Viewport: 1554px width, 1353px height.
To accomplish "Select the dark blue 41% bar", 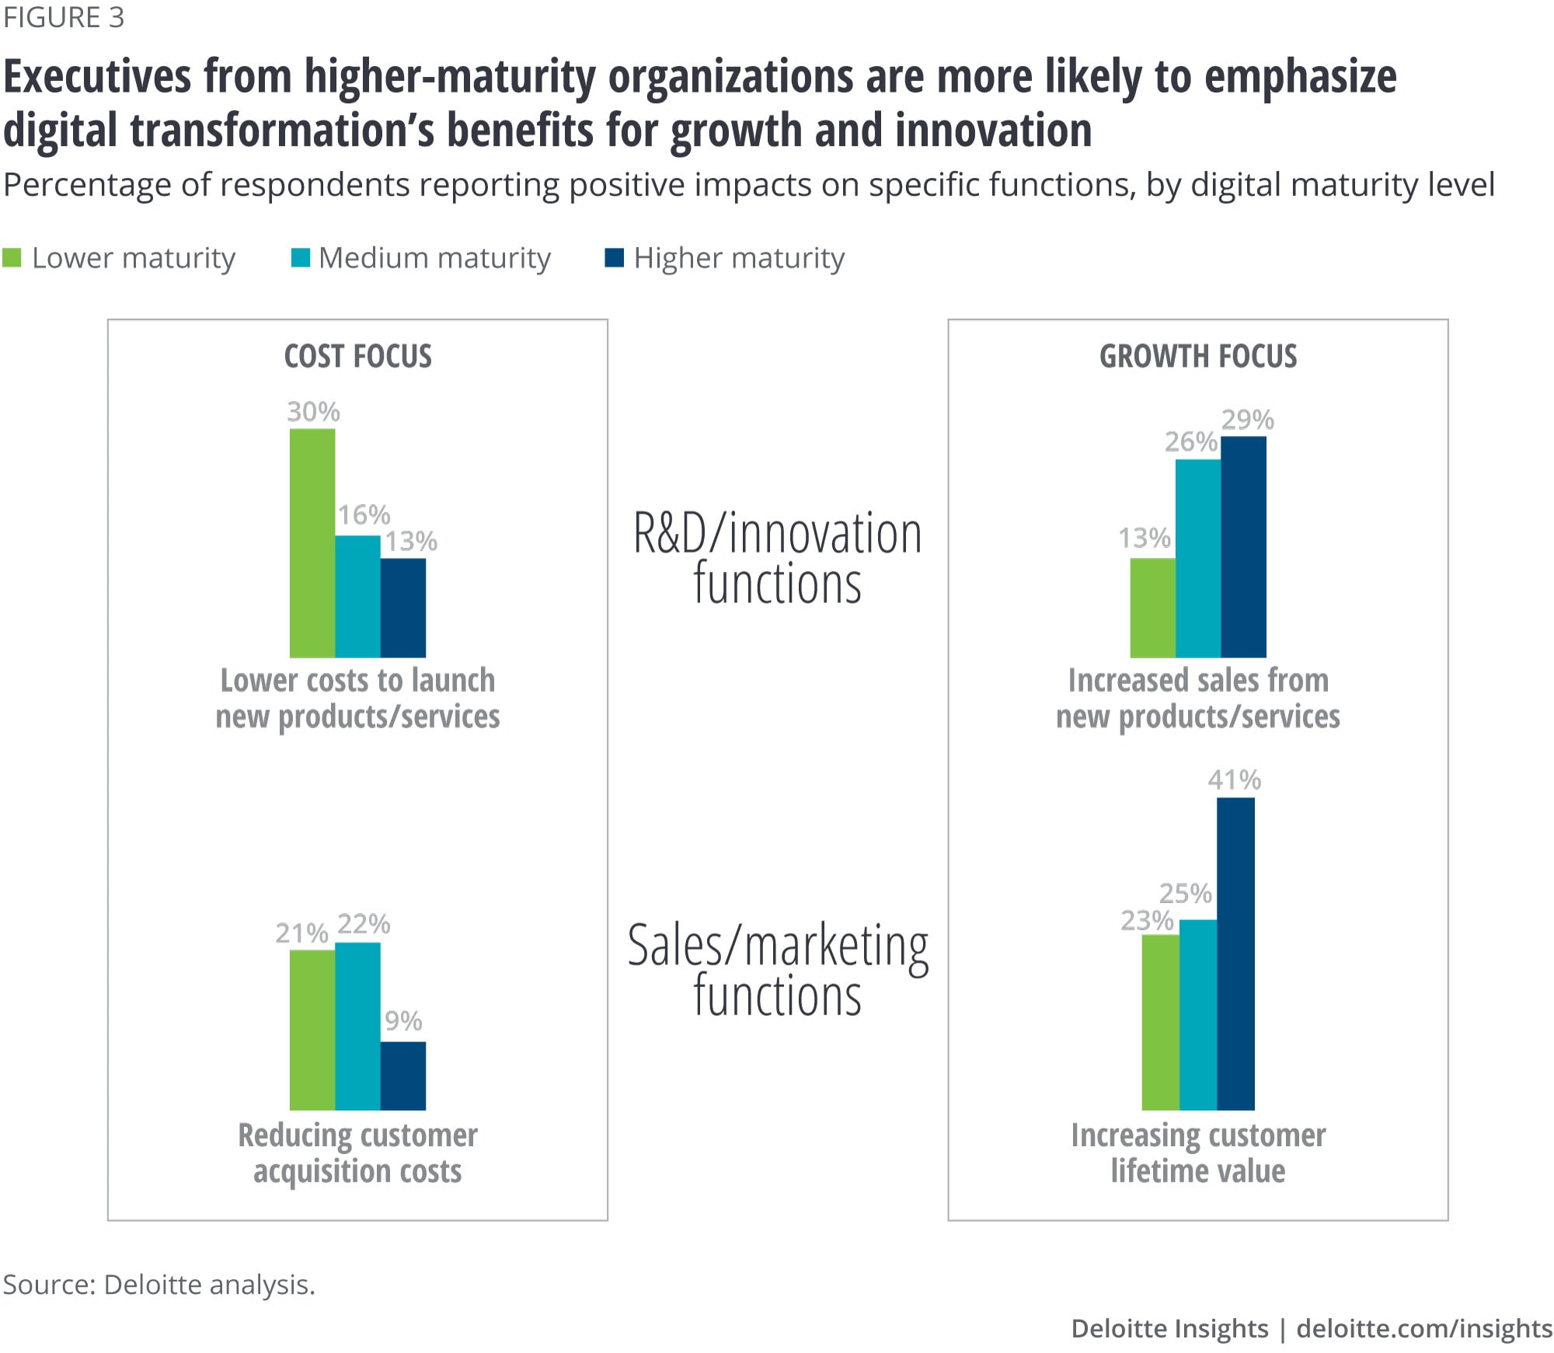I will (x=1235, y=954).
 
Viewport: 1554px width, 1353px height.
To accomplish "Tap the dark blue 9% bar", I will (x=403, y=1076).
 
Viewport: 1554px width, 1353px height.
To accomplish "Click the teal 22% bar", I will (x=357, y=1026).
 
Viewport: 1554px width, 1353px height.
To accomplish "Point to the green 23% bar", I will (x=1160, y=1022).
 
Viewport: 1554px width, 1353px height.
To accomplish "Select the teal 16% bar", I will (x=357, y=596).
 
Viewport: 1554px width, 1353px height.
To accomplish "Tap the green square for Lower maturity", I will (x=12, y=258).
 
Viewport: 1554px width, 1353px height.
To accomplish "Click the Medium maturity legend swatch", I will (x=300, y=258).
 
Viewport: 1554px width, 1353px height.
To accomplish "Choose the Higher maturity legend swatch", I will (x=614, y=258).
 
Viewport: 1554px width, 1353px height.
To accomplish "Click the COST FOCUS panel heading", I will (x=357, y=356).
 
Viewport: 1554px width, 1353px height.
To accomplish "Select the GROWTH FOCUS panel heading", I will (x=1197, y=356).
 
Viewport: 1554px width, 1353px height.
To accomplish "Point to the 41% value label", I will (x=1234, y=779).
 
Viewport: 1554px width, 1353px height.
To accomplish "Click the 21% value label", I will (x=301, y=933).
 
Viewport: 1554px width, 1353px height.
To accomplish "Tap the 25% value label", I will (x=1185, y=893).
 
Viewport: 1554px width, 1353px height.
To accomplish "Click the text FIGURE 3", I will (x=64, y=18).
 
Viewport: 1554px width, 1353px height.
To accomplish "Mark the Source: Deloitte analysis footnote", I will (x=159, y=1285).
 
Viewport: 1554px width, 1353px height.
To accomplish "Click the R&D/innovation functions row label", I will (x=777, y=558).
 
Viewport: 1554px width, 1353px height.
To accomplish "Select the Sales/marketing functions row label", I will (x=777, y=970).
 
